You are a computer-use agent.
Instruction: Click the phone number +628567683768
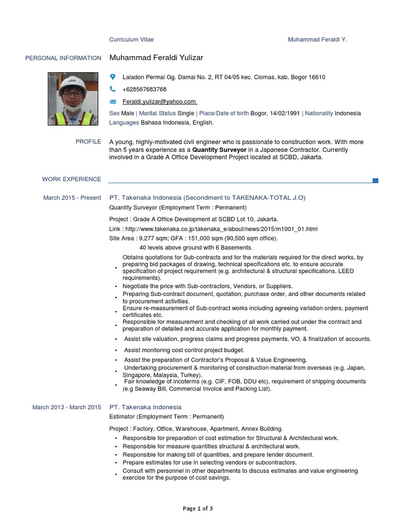click(144, 90)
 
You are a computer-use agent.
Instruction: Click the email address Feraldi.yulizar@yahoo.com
click(159, 102)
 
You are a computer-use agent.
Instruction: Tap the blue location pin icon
click(113, 77)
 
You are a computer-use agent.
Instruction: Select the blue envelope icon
click(113, 102)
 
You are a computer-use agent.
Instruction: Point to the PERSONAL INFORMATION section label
click(63, 58)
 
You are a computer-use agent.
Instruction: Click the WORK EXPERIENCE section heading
click(72, 179)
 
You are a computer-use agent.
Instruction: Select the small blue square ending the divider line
click(375, 180)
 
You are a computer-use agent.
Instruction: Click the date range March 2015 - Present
click(72, 198)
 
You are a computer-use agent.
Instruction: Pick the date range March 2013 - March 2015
click(67, 408)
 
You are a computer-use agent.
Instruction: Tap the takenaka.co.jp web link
click(220, 229)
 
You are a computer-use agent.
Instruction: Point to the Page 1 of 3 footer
click(198, 508)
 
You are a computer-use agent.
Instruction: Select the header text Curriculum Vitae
click(131, 40)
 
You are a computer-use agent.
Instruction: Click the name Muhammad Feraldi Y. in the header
click(317, 40)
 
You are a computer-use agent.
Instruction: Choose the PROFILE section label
click(88, 142)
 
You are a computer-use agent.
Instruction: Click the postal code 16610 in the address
click(317, 77)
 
